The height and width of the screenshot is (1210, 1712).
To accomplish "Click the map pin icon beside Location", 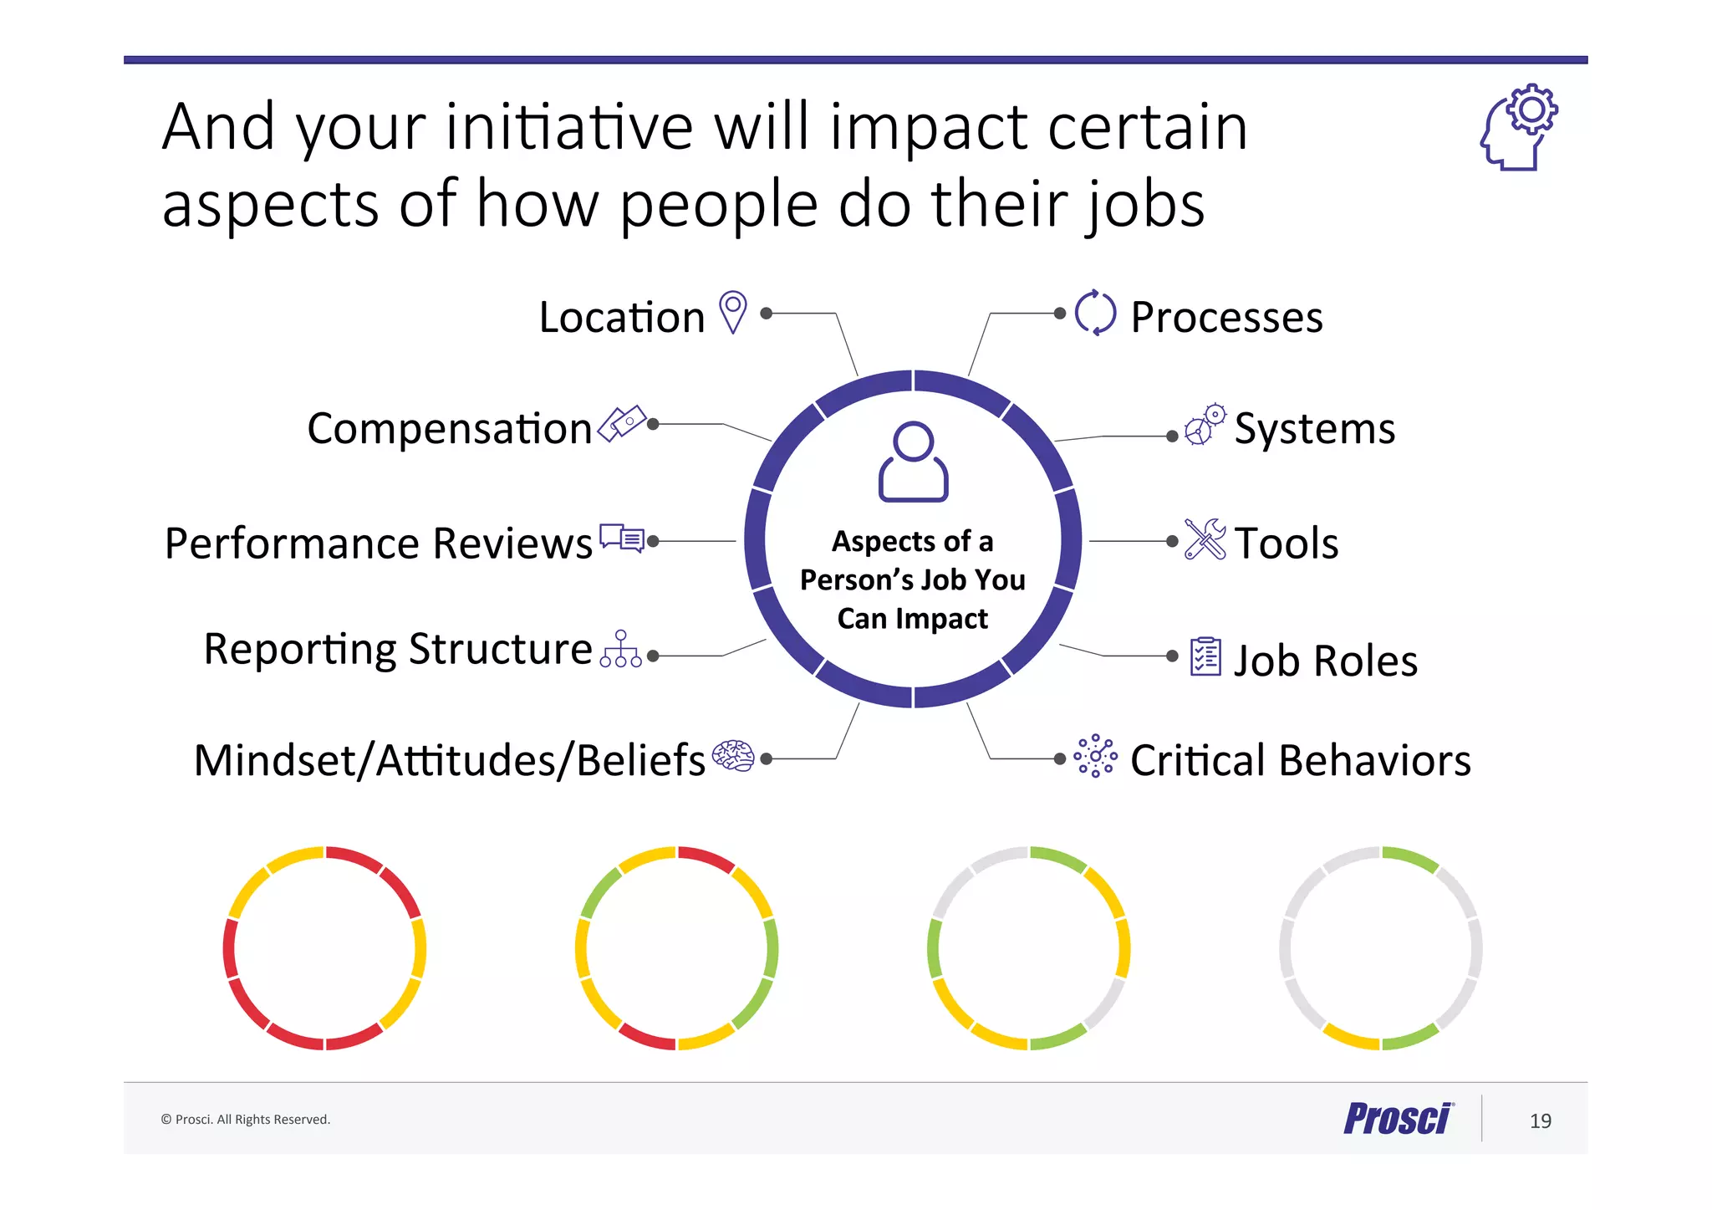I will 733,312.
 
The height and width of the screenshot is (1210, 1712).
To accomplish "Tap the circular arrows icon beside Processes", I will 1095,314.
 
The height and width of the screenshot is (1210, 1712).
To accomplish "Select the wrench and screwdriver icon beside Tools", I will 1205,539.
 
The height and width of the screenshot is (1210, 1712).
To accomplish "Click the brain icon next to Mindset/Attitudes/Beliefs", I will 733,757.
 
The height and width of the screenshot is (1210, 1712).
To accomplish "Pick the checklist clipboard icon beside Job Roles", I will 1205,656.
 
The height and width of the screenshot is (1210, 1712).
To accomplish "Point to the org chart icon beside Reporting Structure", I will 621,650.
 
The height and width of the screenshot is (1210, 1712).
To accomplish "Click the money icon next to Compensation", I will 623,423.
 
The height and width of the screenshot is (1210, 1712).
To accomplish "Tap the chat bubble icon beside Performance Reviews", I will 622,539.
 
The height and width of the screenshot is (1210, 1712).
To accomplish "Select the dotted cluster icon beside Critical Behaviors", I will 1095,757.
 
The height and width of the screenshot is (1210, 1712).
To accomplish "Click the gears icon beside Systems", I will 1205,425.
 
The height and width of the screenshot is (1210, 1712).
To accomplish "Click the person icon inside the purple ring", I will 913,462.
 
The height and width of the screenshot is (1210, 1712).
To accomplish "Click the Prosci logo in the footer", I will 1399,1119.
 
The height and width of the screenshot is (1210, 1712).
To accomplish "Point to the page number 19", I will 1540,1121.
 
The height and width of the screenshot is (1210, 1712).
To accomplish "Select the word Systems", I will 1314,429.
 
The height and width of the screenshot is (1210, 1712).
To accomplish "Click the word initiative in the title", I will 569,127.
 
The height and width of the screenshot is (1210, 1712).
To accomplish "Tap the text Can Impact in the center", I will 912,619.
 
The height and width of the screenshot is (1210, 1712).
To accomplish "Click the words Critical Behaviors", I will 1300,761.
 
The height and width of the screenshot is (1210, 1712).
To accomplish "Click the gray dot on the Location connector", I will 766,314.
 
